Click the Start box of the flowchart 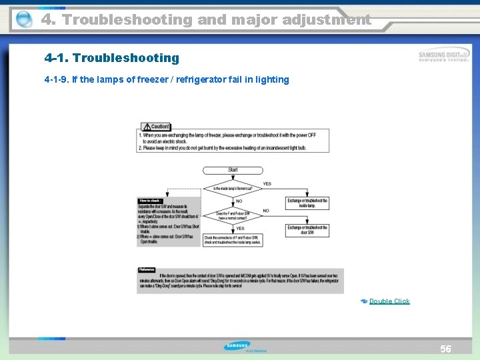coord(233,170)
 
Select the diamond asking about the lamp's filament coord(233,189)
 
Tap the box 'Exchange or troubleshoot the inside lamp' coord(307,203)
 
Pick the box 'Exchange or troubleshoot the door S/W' coord(307,230)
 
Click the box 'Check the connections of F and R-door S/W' coord(232,240)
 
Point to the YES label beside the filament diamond coord(267,183)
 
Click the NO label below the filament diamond coord(239,201)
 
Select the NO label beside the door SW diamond coord(266,211)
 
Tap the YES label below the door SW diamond coord(239,228)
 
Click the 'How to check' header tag coord(150,200)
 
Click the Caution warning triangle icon coord(145,127)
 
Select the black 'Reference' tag coord(147,269)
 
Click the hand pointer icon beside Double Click coord(363,301)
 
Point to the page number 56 coord(445,349)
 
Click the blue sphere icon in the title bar coord(23,20)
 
